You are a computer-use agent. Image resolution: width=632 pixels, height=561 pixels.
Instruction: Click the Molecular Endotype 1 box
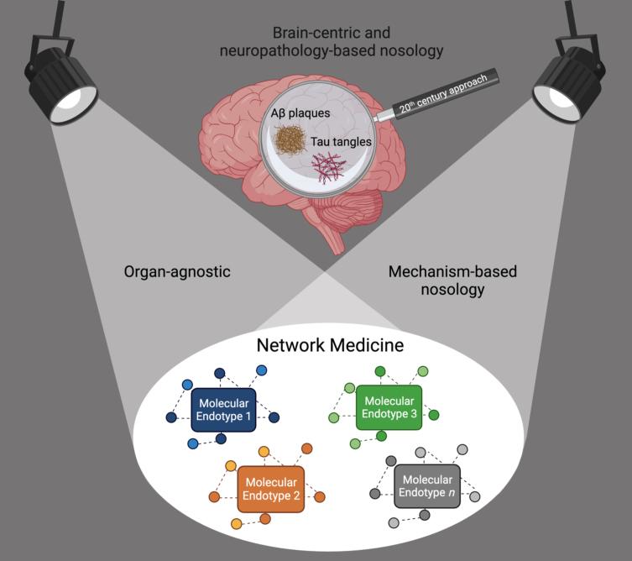click(223, 410)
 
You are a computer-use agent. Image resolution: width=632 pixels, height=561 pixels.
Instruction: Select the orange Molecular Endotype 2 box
click(271, 490)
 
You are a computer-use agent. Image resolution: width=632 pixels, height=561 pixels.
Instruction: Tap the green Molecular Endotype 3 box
click(389, 407)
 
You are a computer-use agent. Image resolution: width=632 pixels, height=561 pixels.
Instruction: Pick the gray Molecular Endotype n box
click(427, 486)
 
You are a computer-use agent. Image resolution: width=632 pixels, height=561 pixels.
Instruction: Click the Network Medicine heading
click(330, 345)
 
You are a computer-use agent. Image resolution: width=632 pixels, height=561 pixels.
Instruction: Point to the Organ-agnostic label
click(177, 272)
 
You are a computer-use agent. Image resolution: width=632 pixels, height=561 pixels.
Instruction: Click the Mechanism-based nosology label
click(452, 280)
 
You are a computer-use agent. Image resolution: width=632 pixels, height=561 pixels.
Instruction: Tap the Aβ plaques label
click(300, 113)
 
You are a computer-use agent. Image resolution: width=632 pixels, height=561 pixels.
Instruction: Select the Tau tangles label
click(341, 142)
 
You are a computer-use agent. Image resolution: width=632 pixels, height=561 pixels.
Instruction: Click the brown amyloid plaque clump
click(290, 139)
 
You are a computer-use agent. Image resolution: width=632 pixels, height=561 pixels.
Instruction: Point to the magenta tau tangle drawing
click(328, 167)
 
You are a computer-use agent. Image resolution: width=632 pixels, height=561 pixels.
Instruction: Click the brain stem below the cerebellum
click(332, 234)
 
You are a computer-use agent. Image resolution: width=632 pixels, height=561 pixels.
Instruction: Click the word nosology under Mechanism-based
click(452, 290)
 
